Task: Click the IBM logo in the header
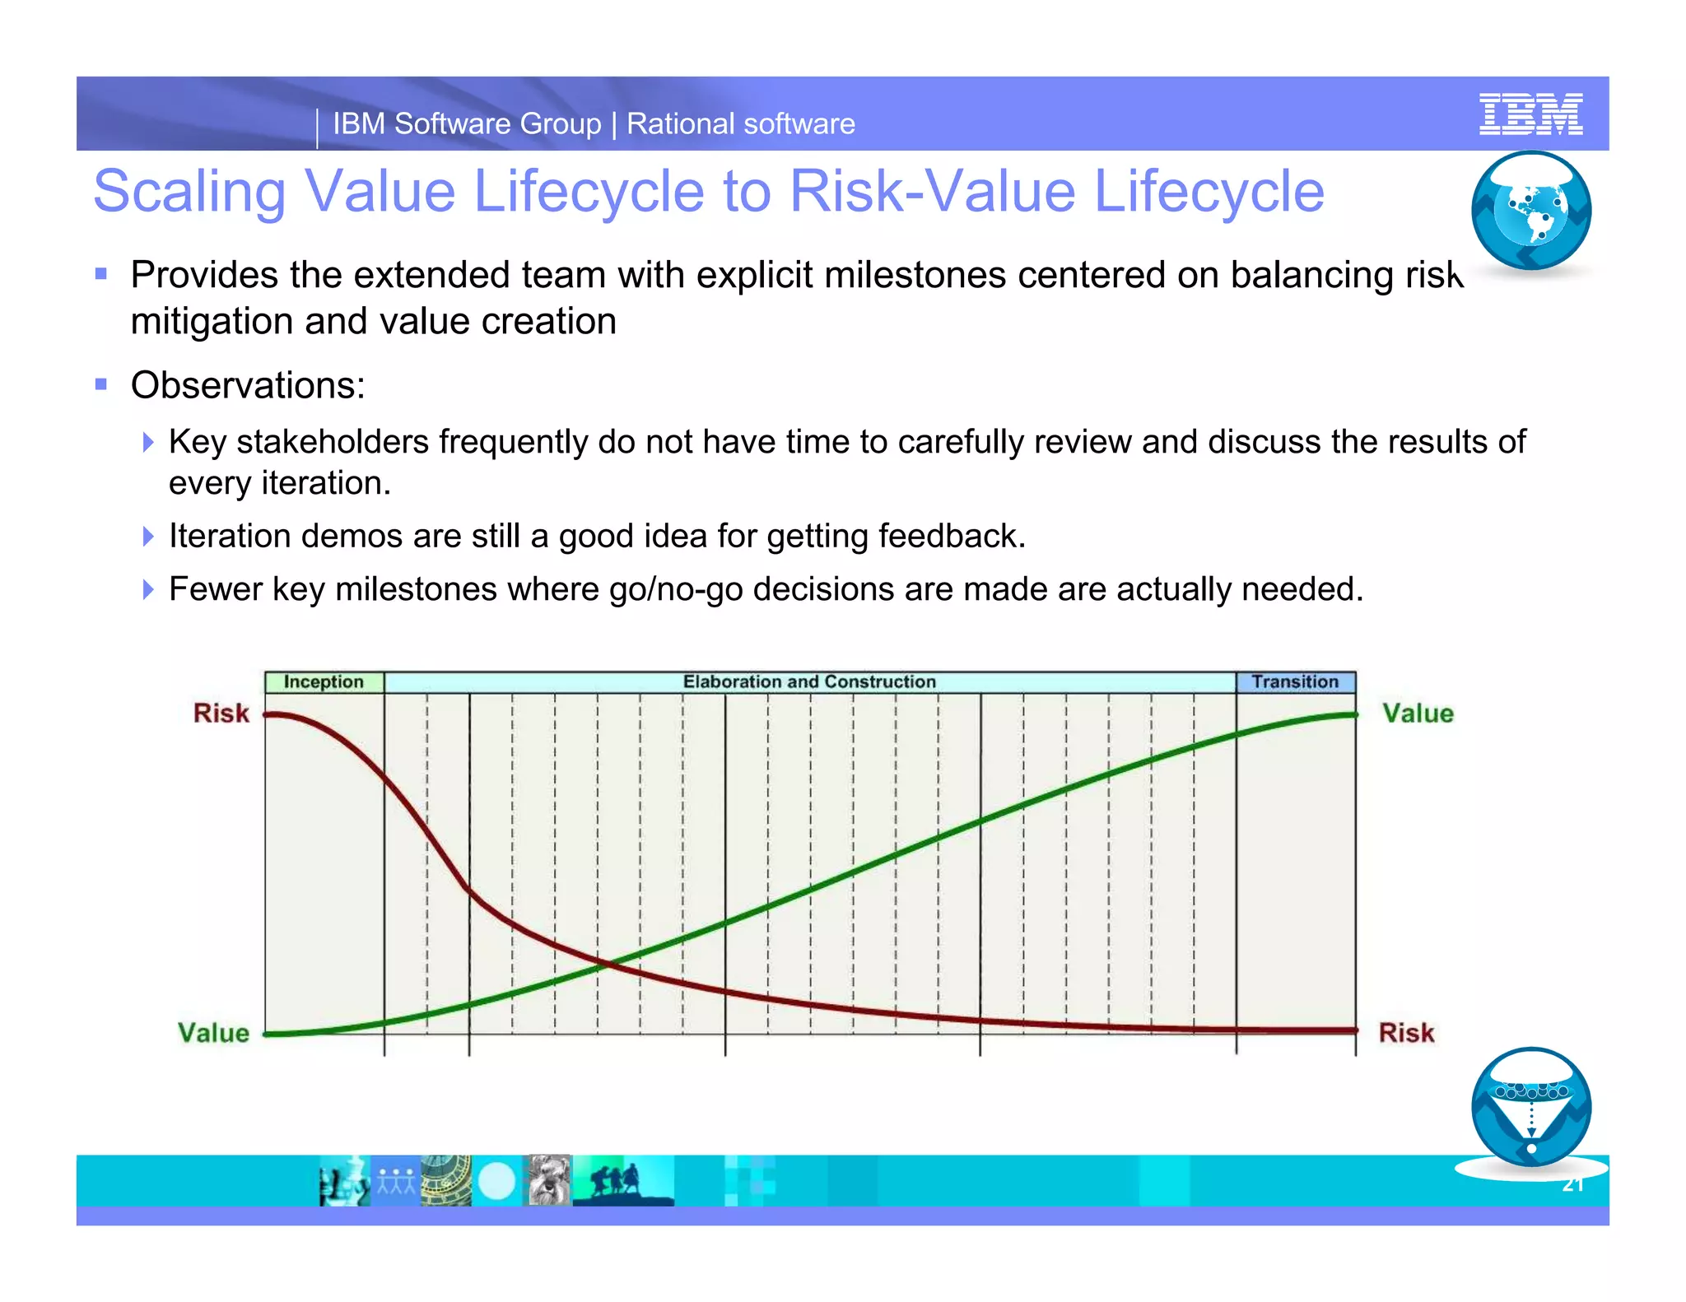point(1530,114)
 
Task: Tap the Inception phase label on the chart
point(324,681)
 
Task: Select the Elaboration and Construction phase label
point(809,681)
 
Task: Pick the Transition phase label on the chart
point(1295,681)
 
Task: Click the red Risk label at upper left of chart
point(221,713)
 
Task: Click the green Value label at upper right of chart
point(1418,714)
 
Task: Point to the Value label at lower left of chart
point(213,1033)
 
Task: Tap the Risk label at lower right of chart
point(1406,1033)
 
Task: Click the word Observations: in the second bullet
point(248,385)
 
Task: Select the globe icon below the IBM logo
point(1531,211)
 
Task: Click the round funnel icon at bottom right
point(1531,1107)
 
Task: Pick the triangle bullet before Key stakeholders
point(148,442)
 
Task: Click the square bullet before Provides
point(101,274)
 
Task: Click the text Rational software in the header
point(741,124)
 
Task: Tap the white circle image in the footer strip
point(496,1182)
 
